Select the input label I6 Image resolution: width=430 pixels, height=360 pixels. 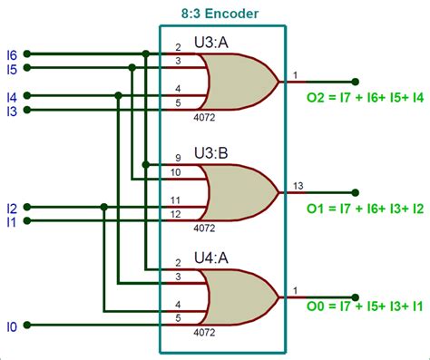coord(12,54)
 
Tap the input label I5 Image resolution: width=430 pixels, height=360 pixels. coord(12,68)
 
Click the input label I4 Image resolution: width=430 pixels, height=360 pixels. coord(12,96)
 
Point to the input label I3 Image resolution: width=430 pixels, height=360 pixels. coord(12,111)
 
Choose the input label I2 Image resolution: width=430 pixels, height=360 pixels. coord(12,208)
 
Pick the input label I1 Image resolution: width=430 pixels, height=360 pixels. coord(12,221)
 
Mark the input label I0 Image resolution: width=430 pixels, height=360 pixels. coord(12,324)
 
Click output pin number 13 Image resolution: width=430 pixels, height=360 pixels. coord(298,186)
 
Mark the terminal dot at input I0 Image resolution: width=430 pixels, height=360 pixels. coord(28,323)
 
